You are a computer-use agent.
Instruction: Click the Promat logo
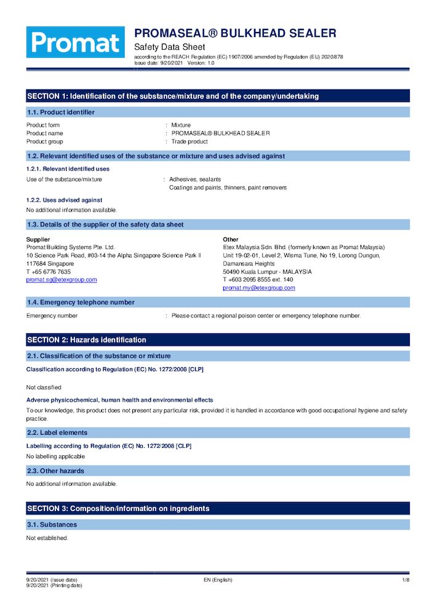point(75,42)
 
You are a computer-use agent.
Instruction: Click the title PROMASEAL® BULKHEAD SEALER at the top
point(235,33)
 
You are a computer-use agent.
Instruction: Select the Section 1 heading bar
point(218,96)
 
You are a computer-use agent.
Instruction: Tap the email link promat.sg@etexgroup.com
point(62,279)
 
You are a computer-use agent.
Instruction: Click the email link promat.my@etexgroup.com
point(258,287)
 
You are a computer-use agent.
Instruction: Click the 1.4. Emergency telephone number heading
point(81,302)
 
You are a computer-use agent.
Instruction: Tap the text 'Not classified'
point(44,387)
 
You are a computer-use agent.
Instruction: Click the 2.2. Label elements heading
point(57,432)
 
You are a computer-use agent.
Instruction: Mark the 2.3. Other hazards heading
point(56,470)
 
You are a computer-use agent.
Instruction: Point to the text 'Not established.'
point(47,538)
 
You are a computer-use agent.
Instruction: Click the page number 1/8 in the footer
point(405,580)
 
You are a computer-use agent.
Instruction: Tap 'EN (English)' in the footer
point(218,580)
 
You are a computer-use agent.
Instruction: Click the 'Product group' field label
point(44,141)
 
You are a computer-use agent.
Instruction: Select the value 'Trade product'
point(190,141)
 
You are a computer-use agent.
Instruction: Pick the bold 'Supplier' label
point(38,239)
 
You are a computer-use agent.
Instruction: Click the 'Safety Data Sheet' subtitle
point(169,47)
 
